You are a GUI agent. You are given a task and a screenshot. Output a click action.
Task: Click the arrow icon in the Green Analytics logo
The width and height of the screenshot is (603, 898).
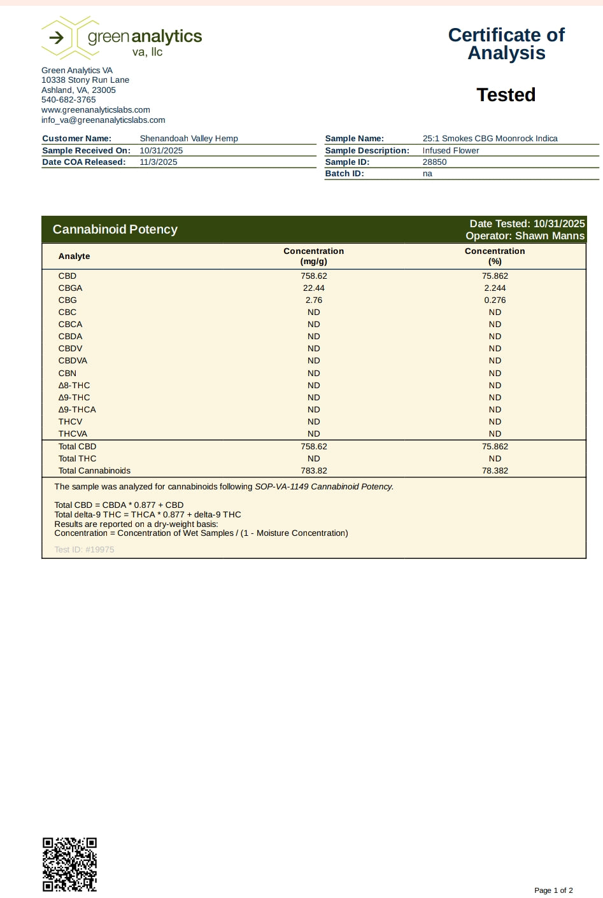57,38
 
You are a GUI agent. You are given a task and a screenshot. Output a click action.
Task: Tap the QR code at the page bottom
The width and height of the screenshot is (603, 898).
69,864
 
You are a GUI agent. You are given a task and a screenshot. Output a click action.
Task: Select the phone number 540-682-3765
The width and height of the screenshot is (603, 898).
69,100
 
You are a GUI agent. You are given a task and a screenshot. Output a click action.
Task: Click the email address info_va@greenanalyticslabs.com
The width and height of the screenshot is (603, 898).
103,120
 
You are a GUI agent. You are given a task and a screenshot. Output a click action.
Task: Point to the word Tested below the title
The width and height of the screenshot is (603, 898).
506,95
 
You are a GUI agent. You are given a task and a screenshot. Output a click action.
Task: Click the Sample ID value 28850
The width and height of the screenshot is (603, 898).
434,162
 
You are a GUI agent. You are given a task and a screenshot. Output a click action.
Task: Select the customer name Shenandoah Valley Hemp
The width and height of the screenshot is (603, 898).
188,139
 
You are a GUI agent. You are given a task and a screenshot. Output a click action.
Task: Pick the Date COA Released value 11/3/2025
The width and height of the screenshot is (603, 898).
159,162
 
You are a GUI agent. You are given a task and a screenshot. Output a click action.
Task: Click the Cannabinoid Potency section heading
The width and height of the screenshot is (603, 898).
115,229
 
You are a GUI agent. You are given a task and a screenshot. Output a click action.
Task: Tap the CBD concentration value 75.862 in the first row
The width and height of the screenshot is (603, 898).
495,276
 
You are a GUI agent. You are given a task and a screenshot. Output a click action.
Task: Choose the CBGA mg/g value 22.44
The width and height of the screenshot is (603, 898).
314,288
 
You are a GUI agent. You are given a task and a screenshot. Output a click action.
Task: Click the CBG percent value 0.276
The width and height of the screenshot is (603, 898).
495,300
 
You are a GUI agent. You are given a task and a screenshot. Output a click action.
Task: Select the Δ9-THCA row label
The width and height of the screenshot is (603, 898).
77,410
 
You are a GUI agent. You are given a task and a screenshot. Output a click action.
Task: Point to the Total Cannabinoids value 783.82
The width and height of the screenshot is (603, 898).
314,471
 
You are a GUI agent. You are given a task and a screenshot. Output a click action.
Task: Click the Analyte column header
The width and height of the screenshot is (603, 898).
74,256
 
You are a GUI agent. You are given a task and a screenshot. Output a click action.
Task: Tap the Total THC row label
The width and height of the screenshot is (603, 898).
77,459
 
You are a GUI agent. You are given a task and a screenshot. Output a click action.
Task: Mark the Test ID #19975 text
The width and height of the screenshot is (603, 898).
84,550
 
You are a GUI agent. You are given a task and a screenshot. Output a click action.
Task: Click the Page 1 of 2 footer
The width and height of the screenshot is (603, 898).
553,890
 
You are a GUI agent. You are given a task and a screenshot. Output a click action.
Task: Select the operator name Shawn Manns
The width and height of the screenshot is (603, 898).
550,236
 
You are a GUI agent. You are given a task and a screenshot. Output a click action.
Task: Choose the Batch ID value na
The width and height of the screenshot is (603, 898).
427,174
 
